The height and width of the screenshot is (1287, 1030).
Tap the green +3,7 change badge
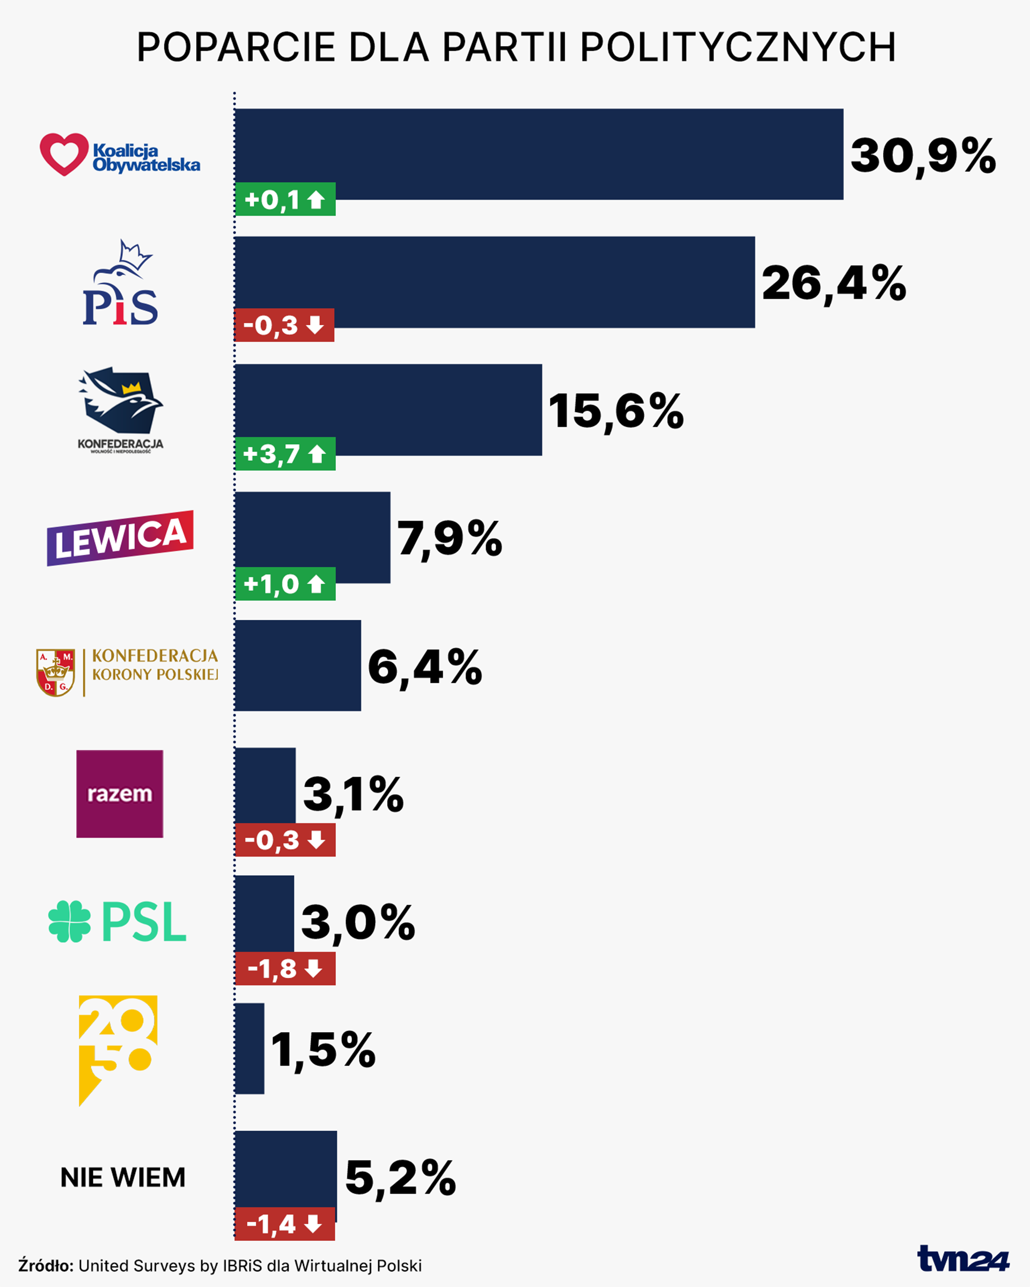coord(285,454)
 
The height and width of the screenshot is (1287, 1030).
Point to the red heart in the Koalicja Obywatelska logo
coord(64,153)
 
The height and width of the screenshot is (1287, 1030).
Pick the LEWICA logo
coord(120,538)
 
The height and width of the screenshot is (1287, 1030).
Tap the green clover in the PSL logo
coord(69,922)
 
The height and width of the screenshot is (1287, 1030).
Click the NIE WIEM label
coord(123,1178)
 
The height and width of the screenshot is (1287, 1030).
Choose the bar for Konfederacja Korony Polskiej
coord(298,666)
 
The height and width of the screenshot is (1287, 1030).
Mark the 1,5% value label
coord(323,1049)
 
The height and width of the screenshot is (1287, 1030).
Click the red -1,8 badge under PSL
coord(285,969)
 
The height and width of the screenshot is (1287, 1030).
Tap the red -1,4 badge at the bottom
coord(285,1224)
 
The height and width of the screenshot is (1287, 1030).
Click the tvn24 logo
coord(962,1259)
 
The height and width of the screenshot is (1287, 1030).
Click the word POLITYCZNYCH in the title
coord(738,47)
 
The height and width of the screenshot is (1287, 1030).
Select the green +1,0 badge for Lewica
coord(285,584)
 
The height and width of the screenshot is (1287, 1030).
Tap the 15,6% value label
coord(615,411)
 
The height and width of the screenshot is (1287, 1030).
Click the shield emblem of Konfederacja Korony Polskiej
coord(55,673)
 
